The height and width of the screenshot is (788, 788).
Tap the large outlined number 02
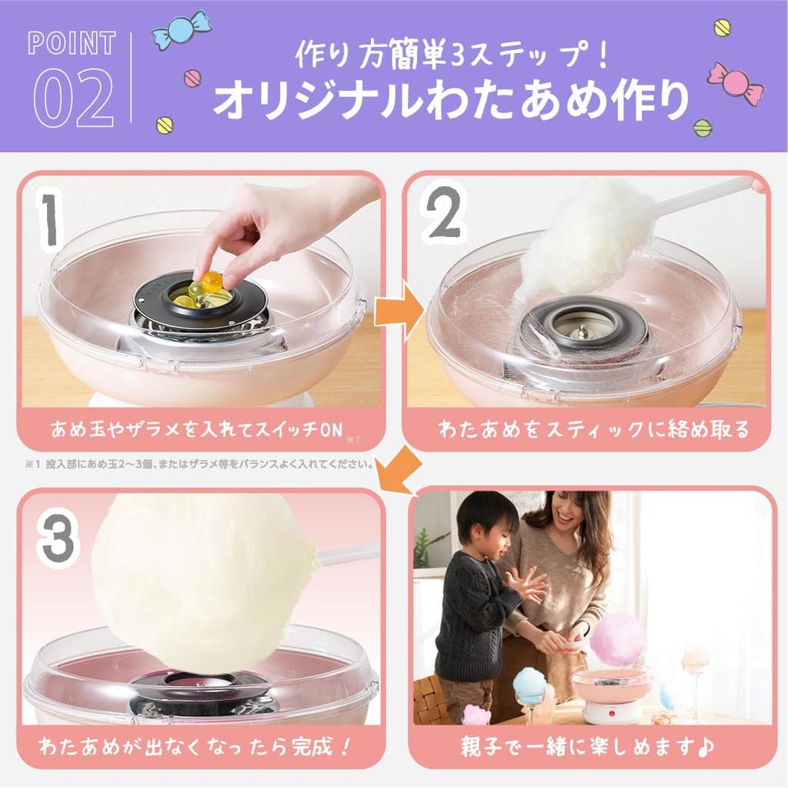pyautogui.click(x=74, y=98)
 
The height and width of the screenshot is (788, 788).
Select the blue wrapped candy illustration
pyautogui.click(x=182, y=30)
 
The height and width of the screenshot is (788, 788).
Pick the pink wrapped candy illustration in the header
pyautogui.click(x=735, y=83)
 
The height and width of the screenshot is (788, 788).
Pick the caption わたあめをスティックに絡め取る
pyautogui.click(x=593, y=429)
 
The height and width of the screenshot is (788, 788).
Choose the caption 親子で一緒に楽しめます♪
pyautogui.click(x=589, y=746)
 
